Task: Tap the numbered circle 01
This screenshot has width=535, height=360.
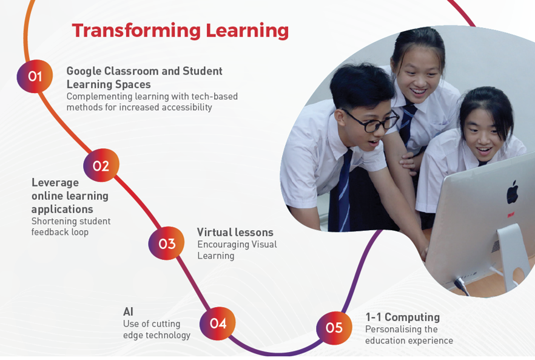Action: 35,76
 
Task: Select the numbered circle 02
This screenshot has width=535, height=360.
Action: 101,165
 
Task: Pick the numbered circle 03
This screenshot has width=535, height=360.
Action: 166,243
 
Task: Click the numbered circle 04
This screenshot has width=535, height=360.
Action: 218,323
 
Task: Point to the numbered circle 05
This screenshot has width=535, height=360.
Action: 334,328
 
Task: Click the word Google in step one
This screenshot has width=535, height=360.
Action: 84,72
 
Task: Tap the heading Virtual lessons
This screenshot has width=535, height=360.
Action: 235,233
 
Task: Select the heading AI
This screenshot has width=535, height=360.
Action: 129,311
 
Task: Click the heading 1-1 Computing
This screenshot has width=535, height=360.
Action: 403,318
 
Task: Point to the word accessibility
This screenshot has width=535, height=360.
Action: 187,107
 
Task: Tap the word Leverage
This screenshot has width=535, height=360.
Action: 55,183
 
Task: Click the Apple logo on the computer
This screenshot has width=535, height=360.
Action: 512,192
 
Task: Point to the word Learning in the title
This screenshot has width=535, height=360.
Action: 247,31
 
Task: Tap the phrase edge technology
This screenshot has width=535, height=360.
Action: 156,335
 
